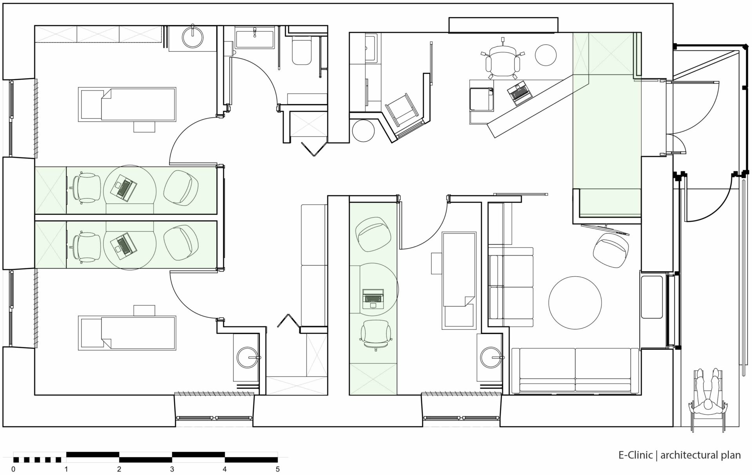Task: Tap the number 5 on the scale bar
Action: (278, 469)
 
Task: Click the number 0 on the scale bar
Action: (14, 469)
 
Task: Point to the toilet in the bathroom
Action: (302, 51)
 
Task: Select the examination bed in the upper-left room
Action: (128, 104)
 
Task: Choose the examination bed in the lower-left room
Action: (128, 333)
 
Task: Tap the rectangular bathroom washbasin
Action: (255, 38)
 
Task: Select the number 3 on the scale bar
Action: (172, 469)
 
